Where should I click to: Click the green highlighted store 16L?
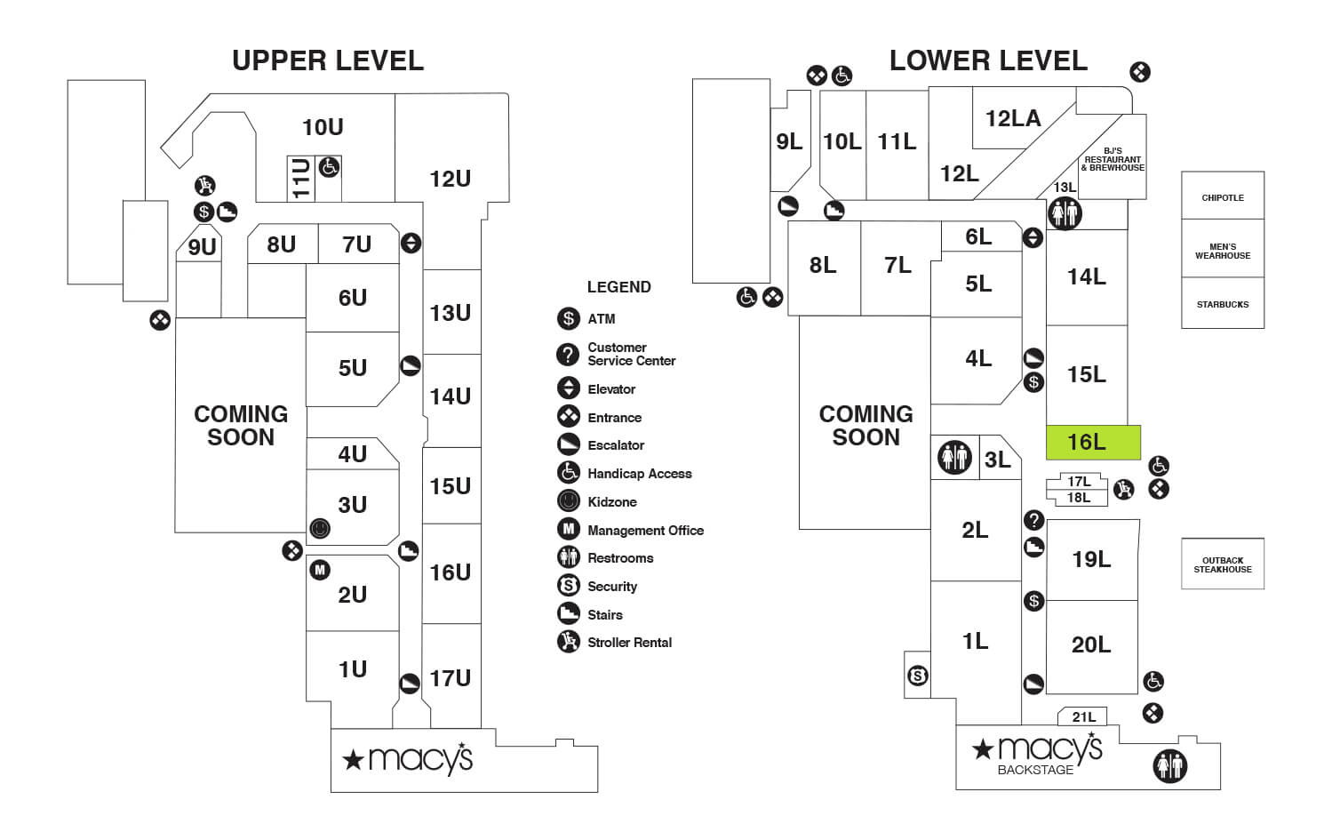tap(1092, 442)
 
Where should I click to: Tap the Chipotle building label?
tap(1222, 197)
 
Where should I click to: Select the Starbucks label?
tap(1222, 304)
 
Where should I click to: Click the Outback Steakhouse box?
tap(1222, 564)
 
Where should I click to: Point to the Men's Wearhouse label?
tap(1222, 251)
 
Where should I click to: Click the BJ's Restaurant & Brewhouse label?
tap(1113, 160)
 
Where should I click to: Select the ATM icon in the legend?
tap(569, 318)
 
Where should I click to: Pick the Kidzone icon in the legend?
tap(569, 501)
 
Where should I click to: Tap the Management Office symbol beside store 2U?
tap(320, 570)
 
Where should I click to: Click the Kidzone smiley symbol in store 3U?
tap(320, 529)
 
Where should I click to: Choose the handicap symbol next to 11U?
tap(329, 166)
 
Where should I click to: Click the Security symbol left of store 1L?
tap(918, 676)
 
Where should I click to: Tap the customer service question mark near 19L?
tap(1033, 520)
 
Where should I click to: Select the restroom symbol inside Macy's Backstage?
tap(1169, 765)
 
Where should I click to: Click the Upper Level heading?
tap(328, 60)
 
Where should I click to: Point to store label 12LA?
tap(1012, 118)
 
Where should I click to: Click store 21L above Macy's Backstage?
tap(1083, 716)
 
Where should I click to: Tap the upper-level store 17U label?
tap(450, 678)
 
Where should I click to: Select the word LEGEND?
tap(618, 287)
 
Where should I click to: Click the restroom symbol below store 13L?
tap(1065, 213)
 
